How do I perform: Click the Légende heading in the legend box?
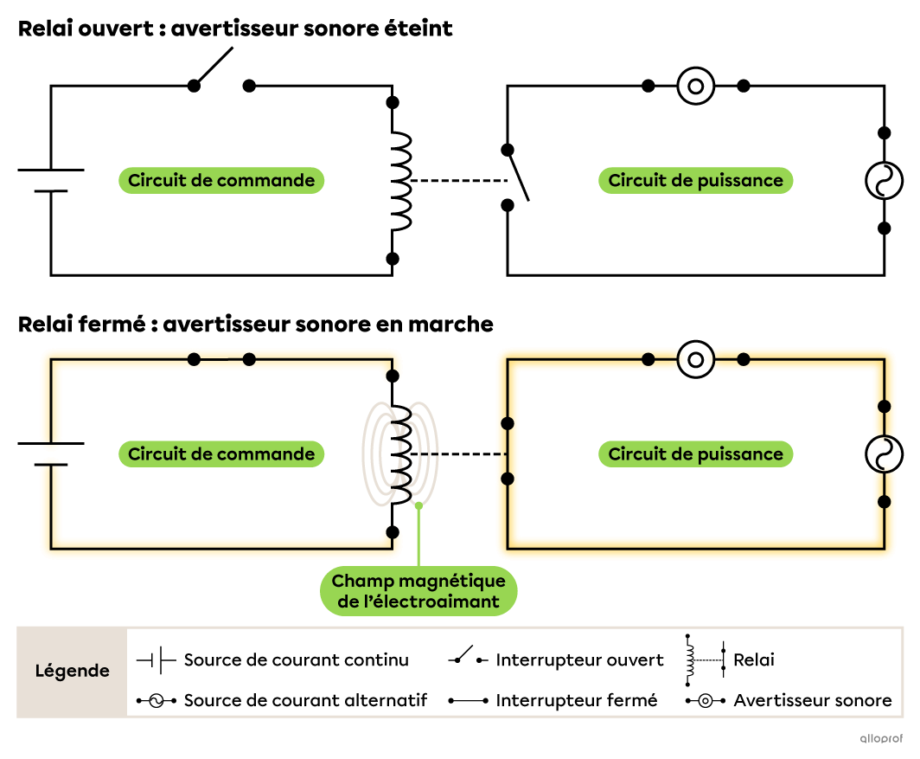coord(72,671)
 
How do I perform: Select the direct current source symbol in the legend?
coord(157,660)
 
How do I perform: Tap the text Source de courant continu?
coord(296,660)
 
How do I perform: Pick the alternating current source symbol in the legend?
coord(157,700)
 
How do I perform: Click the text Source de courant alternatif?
coord(305,700)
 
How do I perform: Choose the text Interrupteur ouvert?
coord(579,660)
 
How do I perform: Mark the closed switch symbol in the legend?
coord(468,700)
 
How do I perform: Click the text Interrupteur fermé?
coord(576,700)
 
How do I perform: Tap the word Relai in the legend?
coord(754,660)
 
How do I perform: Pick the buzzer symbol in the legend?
coord(706,700)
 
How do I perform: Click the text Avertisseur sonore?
coord(812,700)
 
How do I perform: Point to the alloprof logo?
coord(880,738)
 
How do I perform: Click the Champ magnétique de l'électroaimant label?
coord(418,591)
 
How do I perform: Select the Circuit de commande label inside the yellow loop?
coord(221,454)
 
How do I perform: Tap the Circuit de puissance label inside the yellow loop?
coord(695,454)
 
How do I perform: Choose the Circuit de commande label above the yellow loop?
coord(221,180)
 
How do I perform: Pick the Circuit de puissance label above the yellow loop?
coord(695,180)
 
